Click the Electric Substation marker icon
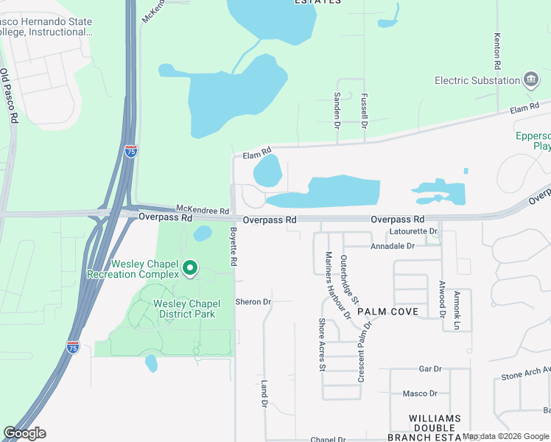(x=530, y=80)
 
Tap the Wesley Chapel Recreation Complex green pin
(x=190, y=267)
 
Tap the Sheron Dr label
(x=253, y=302)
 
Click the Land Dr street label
(x=264, y=395)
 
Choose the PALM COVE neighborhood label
(x=388, y=312)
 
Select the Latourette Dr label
(x=413, y=231)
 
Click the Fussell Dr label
(x=364, y=111)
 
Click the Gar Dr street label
(x=429, y=368)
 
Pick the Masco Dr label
(x=420, y=393)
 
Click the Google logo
(x=24, y=433)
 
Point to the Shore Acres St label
(x=322, y=345)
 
